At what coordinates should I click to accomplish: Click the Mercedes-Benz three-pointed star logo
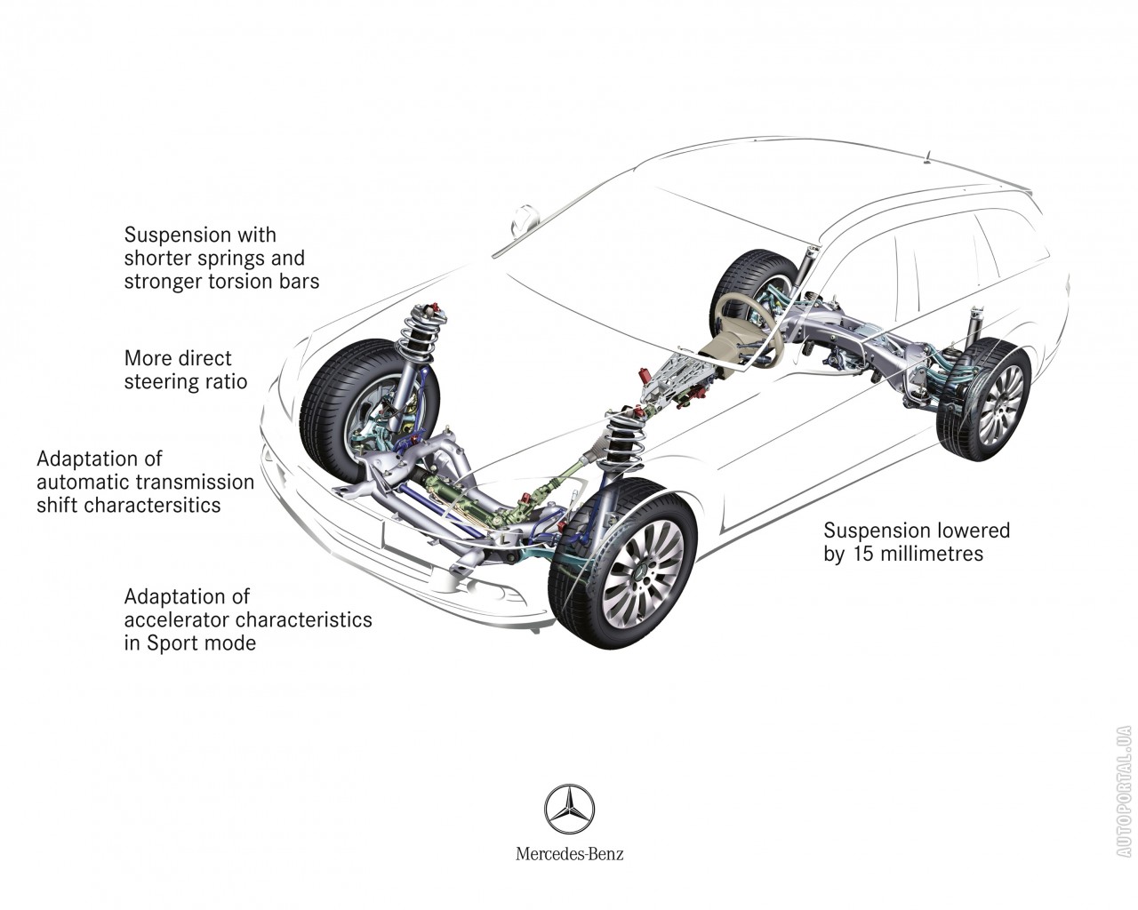pyautogui.click(x=569, y=809)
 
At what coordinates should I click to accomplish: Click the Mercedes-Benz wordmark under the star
pyautogui.click(x=569, y=854)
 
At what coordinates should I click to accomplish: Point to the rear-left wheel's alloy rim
pyautogui.click(x=1000, y=404)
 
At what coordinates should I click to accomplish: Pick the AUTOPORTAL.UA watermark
pyautogui.click(x=1124, y=791)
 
